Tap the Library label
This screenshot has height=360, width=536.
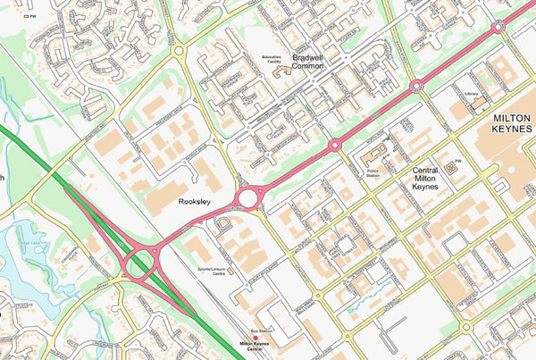[472, 93]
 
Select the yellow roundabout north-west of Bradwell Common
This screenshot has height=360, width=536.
[179, 51]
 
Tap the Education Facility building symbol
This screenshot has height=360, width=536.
[284, 67]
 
